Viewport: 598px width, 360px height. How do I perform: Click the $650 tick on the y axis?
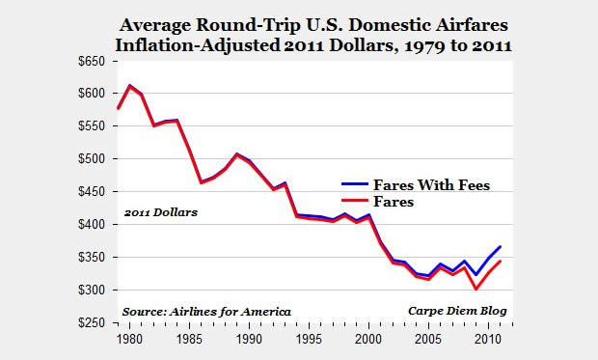click(93, 60)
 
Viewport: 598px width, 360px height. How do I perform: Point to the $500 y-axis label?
click(93, 158)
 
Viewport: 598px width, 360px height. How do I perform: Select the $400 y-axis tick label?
click(93, 224)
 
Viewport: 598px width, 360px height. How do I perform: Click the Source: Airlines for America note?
click(205, 311)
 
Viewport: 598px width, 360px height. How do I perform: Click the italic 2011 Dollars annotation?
click(159, 211)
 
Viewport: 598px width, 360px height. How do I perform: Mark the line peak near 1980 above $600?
click(129, 86)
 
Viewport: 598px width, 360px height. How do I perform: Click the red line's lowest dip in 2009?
click(476, 288)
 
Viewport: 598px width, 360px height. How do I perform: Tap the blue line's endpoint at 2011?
click(501, 247)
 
